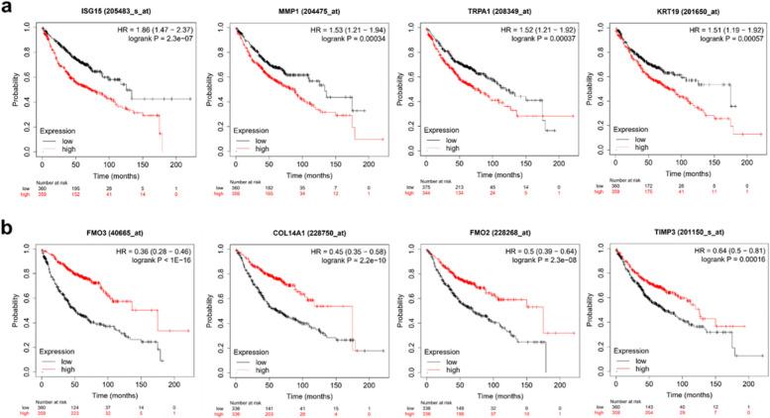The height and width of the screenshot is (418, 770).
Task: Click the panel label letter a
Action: [7, 9]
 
